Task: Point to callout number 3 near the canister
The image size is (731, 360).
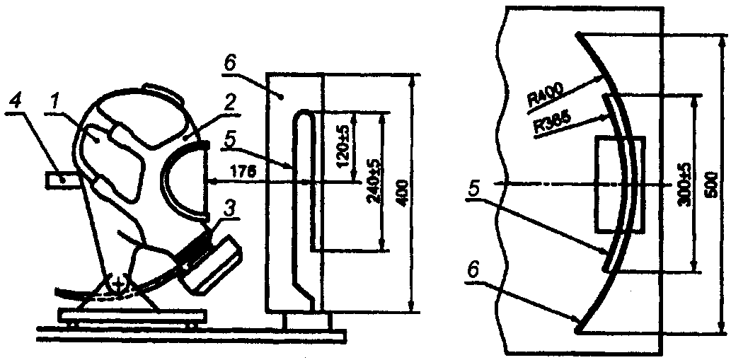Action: pos(229,209)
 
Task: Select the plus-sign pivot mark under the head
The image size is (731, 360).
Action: pos(117,285)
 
